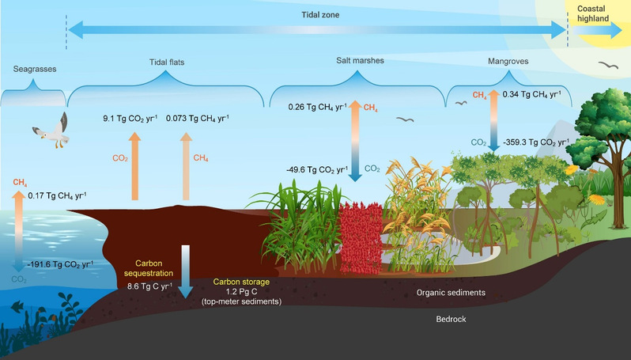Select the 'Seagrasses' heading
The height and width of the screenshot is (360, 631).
point(32,70)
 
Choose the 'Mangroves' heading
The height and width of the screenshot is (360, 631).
point(508,60)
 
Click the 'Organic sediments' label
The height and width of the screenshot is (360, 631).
point(451,293)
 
